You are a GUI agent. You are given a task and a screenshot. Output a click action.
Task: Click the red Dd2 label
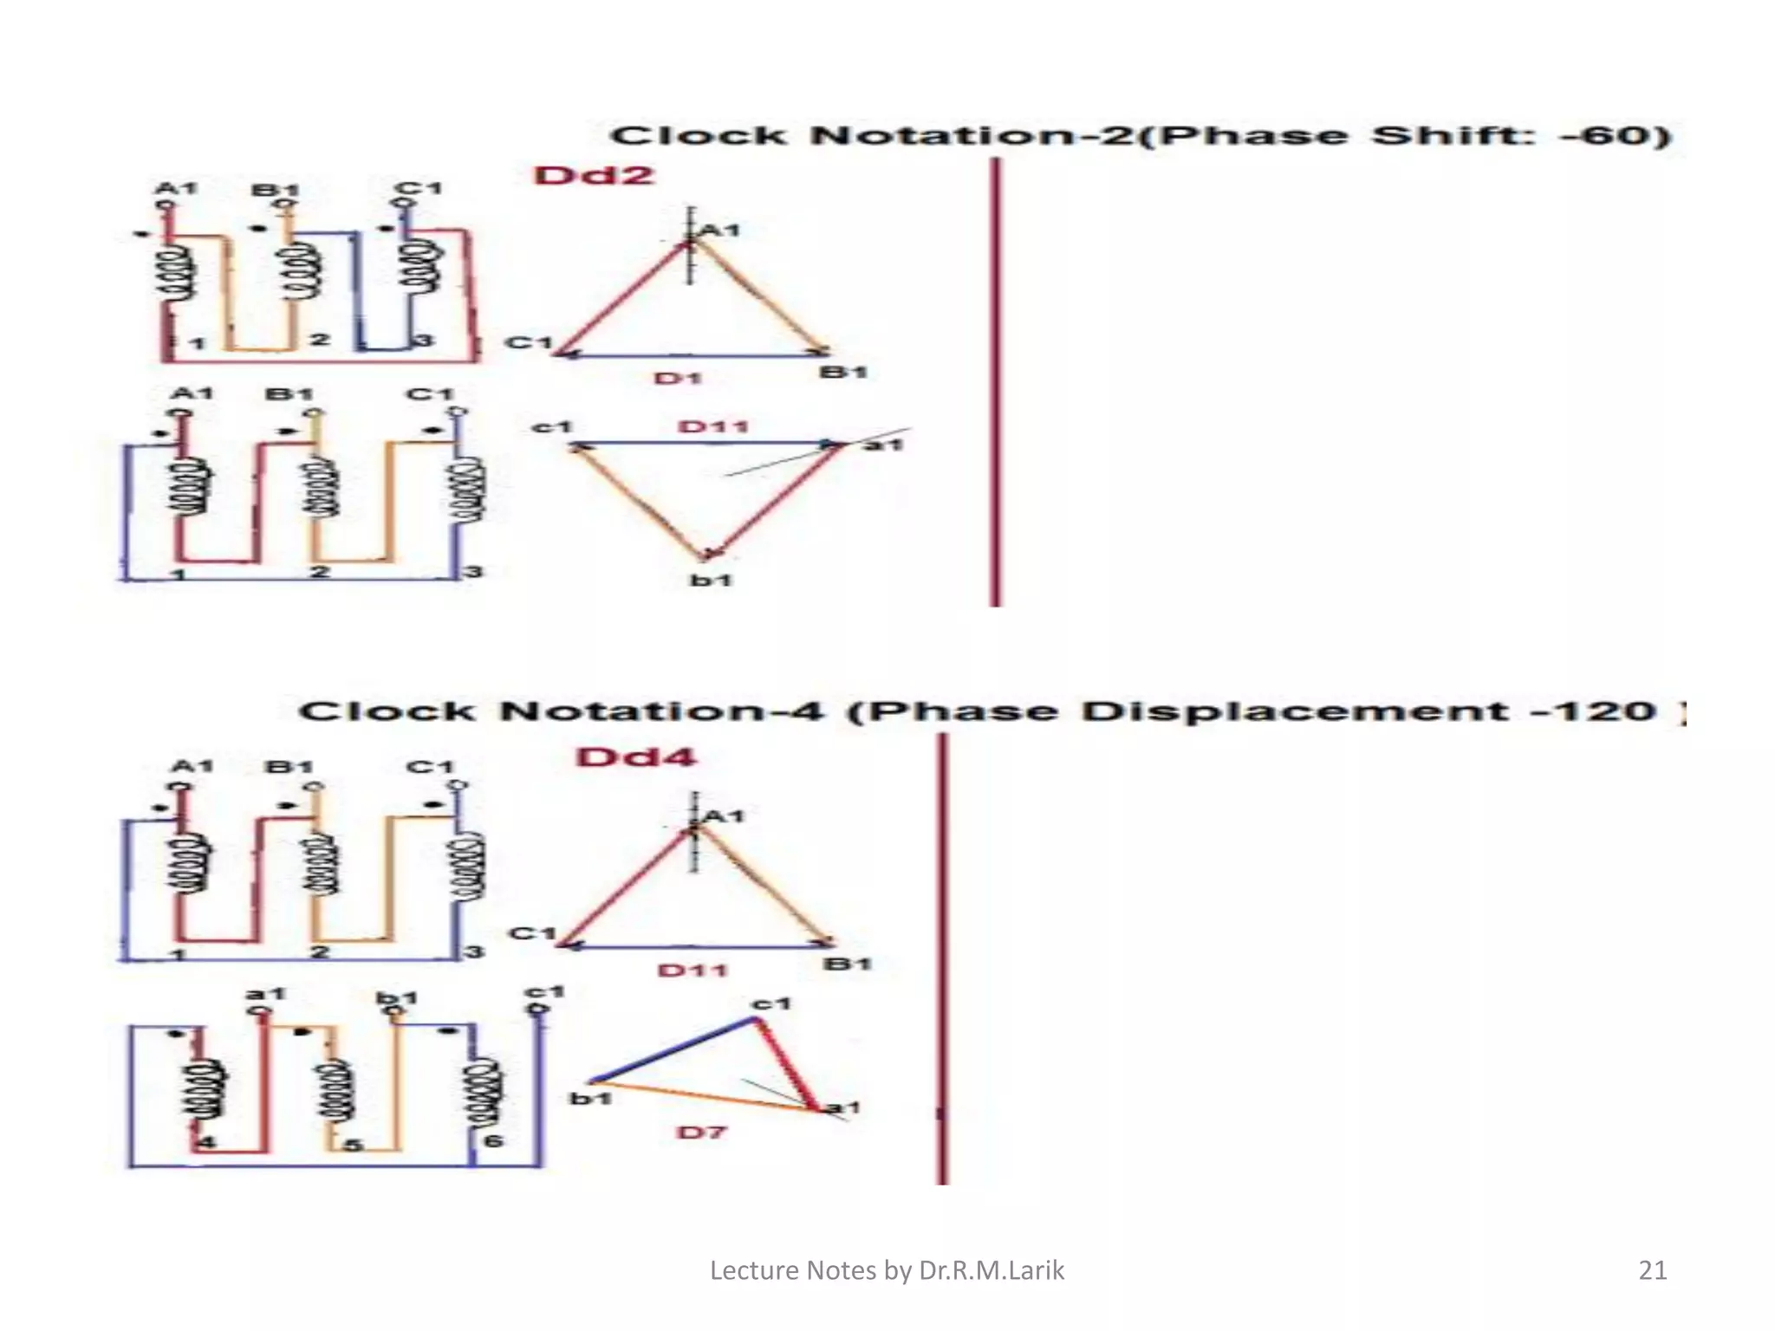point(595,175)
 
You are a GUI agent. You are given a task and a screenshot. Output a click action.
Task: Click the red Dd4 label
point(636,756)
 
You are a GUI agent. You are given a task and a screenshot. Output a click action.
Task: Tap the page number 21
point(1653,1270)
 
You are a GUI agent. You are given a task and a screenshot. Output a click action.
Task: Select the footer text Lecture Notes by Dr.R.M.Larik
point(887,1270)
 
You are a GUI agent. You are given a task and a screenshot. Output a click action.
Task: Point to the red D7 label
point(701,1133)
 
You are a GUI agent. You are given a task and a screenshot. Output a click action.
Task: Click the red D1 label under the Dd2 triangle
point(678,379)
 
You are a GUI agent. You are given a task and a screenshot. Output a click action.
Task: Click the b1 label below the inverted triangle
point(712,580)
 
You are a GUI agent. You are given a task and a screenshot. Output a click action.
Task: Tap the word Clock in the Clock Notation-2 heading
point(699,136)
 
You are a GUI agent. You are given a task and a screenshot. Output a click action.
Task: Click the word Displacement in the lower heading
point(1295,711)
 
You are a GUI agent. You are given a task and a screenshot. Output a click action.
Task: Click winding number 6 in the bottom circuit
point(493,1140)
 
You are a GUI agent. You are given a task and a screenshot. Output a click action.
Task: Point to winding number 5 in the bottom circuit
point(352,1145)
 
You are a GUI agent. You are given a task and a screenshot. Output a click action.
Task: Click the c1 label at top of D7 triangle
point(771,1003)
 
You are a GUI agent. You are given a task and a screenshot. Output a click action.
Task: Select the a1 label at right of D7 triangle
point(842,1107)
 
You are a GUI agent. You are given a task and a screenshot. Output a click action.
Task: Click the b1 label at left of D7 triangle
point(591,1099)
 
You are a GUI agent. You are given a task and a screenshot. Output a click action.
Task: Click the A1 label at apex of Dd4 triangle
point(724,816)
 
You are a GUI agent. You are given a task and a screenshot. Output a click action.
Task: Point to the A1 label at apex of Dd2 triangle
point(719,230)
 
